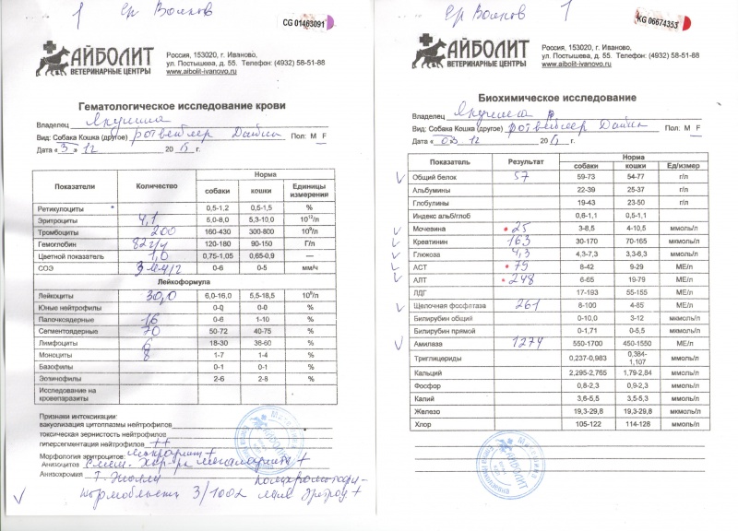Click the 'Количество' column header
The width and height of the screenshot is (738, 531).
[149, 185]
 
